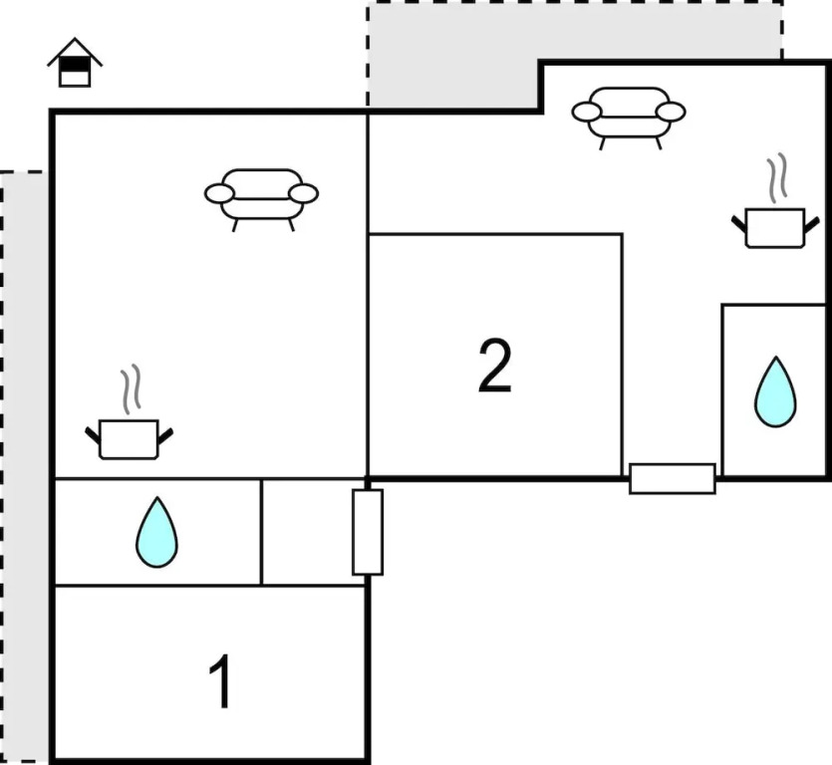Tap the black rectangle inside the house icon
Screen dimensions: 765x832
[75, 65]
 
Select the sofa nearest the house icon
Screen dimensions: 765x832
[261, 195]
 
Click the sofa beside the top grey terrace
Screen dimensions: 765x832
[629, 112]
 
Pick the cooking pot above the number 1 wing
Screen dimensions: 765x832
[130, 439]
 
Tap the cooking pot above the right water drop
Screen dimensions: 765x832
[774, 227]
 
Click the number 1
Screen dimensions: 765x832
[221, 683]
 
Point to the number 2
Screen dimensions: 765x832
[494, 366]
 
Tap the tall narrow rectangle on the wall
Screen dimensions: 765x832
[368, 532]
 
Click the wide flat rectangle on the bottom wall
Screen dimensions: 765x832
[672, 478]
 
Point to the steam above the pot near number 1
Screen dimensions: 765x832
[131, 391]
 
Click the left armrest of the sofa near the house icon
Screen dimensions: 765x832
[219, 193]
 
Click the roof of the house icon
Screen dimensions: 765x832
[75, 49]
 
